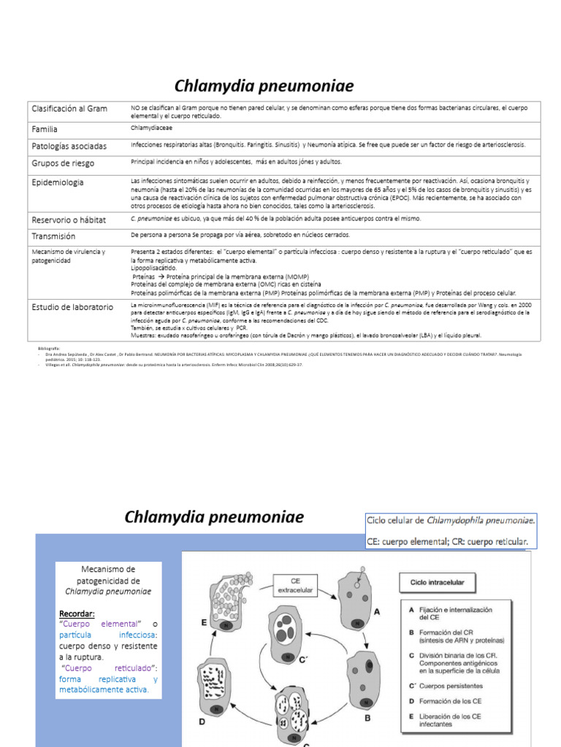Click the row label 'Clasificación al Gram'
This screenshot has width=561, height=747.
click(69, 109)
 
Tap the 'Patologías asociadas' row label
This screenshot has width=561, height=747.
click(69, 146)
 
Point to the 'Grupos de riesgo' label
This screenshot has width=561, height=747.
click(63, 163)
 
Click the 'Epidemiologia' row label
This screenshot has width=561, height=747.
click(57, 182)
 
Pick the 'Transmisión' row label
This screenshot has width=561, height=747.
click(53, 236)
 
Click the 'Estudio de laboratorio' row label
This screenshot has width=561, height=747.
click(72, 307)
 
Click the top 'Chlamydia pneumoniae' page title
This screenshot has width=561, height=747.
click(263, 87)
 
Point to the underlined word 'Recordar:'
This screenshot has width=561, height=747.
click(77, 614)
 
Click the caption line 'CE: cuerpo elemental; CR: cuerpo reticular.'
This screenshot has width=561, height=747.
click(447, 542)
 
